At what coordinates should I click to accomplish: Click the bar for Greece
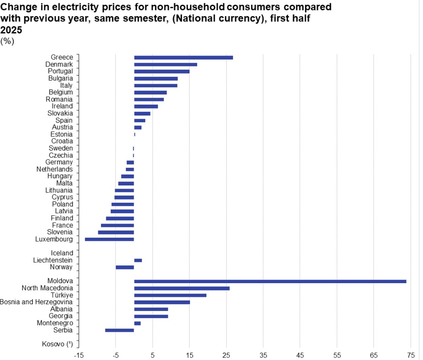(183, 58)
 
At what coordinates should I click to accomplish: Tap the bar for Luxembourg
(109, 239)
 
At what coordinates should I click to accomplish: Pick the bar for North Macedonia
(182, 288)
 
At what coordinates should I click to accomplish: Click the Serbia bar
(119, 330)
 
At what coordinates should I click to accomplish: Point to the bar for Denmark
(165, 64)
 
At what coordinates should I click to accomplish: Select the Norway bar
(125, 267)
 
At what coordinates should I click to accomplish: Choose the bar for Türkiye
(170, 295)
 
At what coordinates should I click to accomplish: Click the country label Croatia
(62, 141)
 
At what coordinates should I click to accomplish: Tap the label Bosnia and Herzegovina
(36, 302)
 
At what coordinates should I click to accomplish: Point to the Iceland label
(62, 253)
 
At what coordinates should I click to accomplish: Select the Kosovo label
(57, 344)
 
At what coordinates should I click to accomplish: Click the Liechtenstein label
(53, 260)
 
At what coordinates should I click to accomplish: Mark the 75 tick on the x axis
(411, 355)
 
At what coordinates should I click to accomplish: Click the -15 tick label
(78, 355)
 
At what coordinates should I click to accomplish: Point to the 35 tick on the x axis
(263, 355)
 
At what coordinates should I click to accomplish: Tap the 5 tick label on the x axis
(153, 355)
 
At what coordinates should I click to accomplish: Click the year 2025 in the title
(11, 30)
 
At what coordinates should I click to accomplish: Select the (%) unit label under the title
(8, 41)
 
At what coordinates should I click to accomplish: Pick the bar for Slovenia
(116, 232)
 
